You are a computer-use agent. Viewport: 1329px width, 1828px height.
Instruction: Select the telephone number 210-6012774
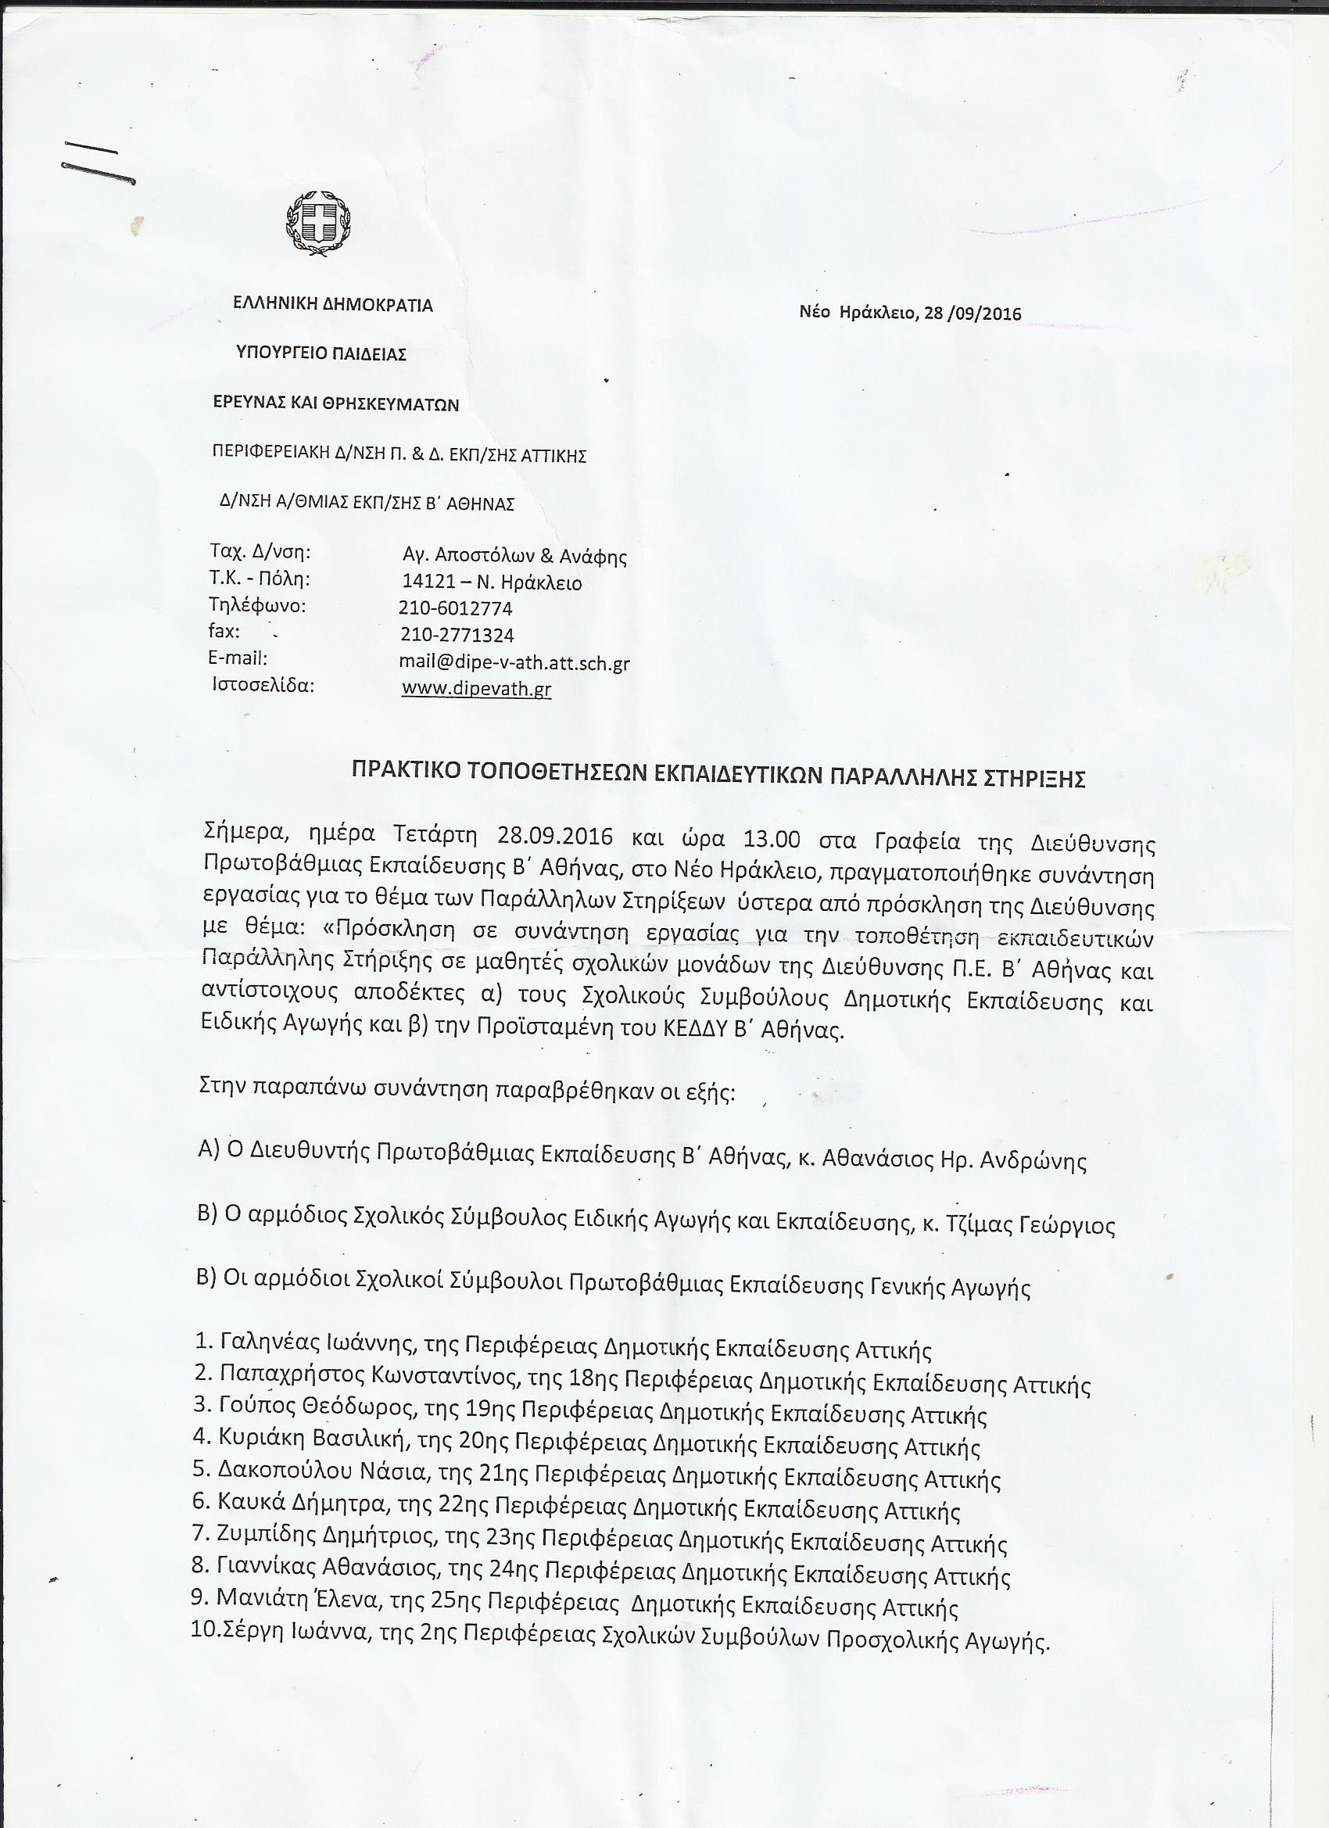point(455,608)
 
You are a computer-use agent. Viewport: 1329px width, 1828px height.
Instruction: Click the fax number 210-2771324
point(457,636)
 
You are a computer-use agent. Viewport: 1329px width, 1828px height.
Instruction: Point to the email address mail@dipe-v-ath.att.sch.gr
point(514,663)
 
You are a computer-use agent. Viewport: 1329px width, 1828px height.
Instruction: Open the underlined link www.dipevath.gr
point(475,690)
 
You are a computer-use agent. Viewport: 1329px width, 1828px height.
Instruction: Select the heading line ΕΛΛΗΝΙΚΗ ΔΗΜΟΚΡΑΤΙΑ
point(333,306)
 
